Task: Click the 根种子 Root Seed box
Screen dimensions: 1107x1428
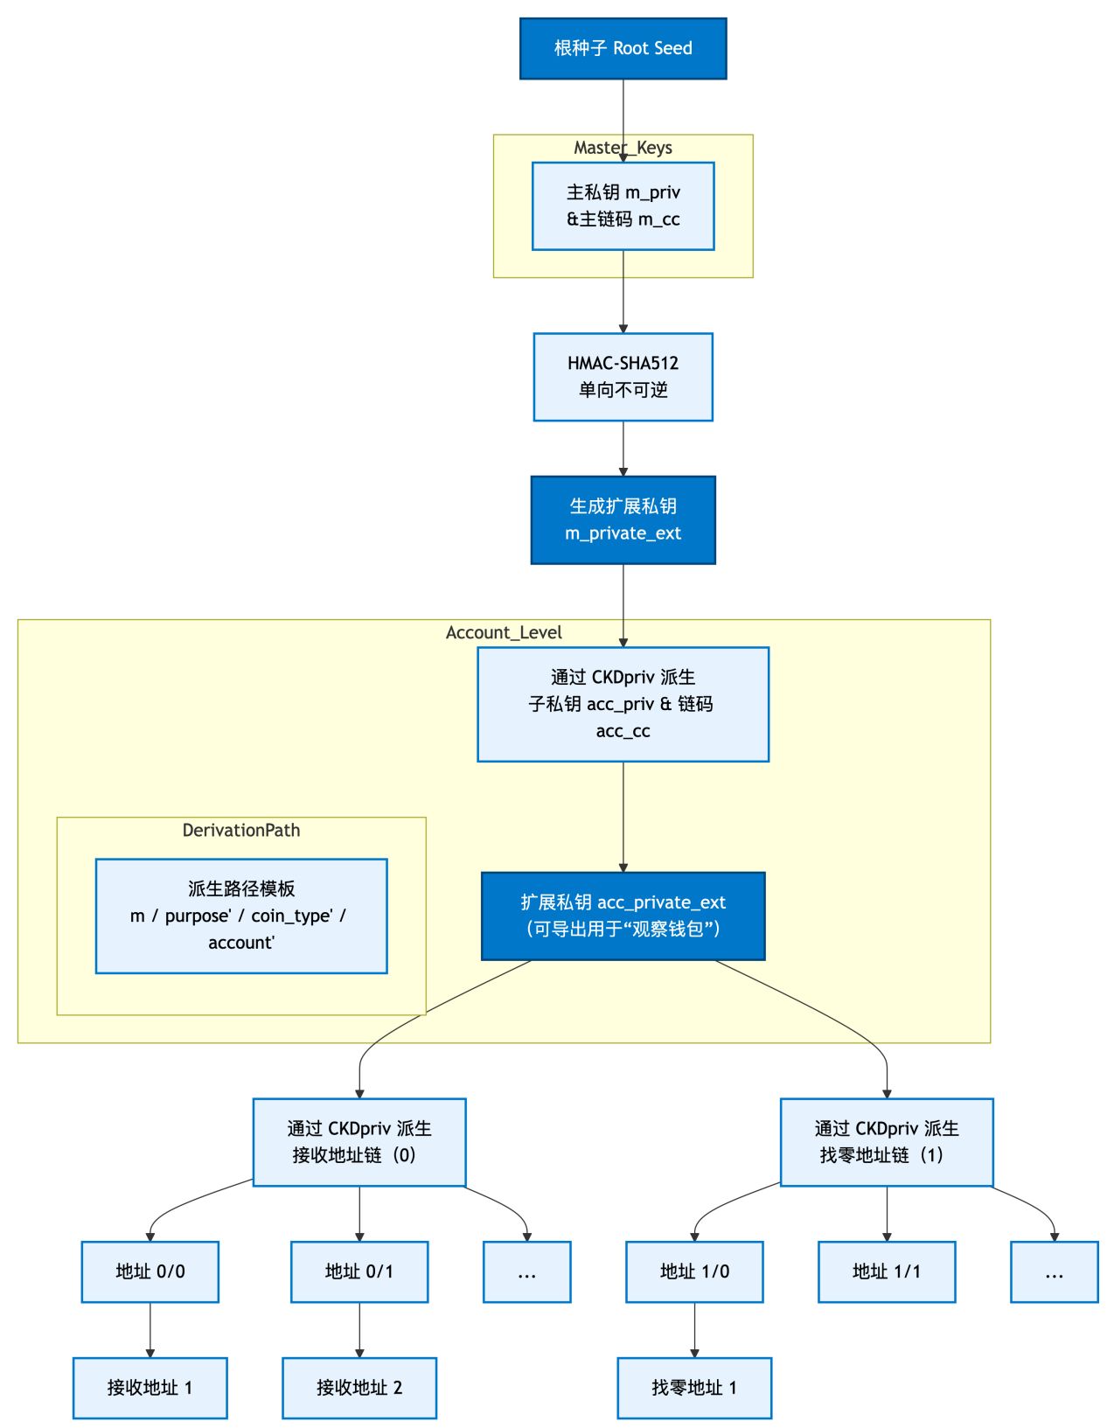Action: point(623,49)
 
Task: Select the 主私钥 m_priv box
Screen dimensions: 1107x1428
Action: point(623,205)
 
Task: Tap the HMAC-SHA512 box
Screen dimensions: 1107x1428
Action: point(623,377)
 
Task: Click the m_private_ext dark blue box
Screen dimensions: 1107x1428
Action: point(623,519)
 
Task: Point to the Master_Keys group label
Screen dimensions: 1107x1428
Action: point(623,147)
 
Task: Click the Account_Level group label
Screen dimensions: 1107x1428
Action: point(504,632)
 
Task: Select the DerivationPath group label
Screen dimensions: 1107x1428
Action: point(241,830)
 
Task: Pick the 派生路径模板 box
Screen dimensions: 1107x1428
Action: point(241,916)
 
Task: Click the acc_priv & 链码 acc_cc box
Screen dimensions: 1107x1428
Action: point(623,704)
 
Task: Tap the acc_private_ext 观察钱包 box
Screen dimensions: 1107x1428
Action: point(623,916)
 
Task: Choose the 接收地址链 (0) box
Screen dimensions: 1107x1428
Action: point(359,1141)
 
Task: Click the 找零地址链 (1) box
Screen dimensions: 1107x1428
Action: point(886,1141)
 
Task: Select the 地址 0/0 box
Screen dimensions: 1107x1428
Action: point(150,1271)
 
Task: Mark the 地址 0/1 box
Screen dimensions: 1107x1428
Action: point(359,1271)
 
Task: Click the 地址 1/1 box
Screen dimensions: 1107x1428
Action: point(886,1271)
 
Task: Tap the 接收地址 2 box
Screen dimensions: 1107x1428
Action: point(359,1387)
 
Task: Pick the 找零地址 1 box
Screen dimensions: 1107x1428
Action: point(693,1387)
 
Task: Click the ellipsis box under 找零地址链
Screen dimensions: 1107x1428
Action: point(1053,1271)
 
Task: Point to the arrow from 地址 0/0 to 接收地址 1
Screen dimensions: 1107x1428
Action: point(150,1329)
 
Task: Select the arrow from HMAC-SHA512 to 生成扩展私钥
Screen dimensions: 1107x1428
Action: point(623,449)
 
